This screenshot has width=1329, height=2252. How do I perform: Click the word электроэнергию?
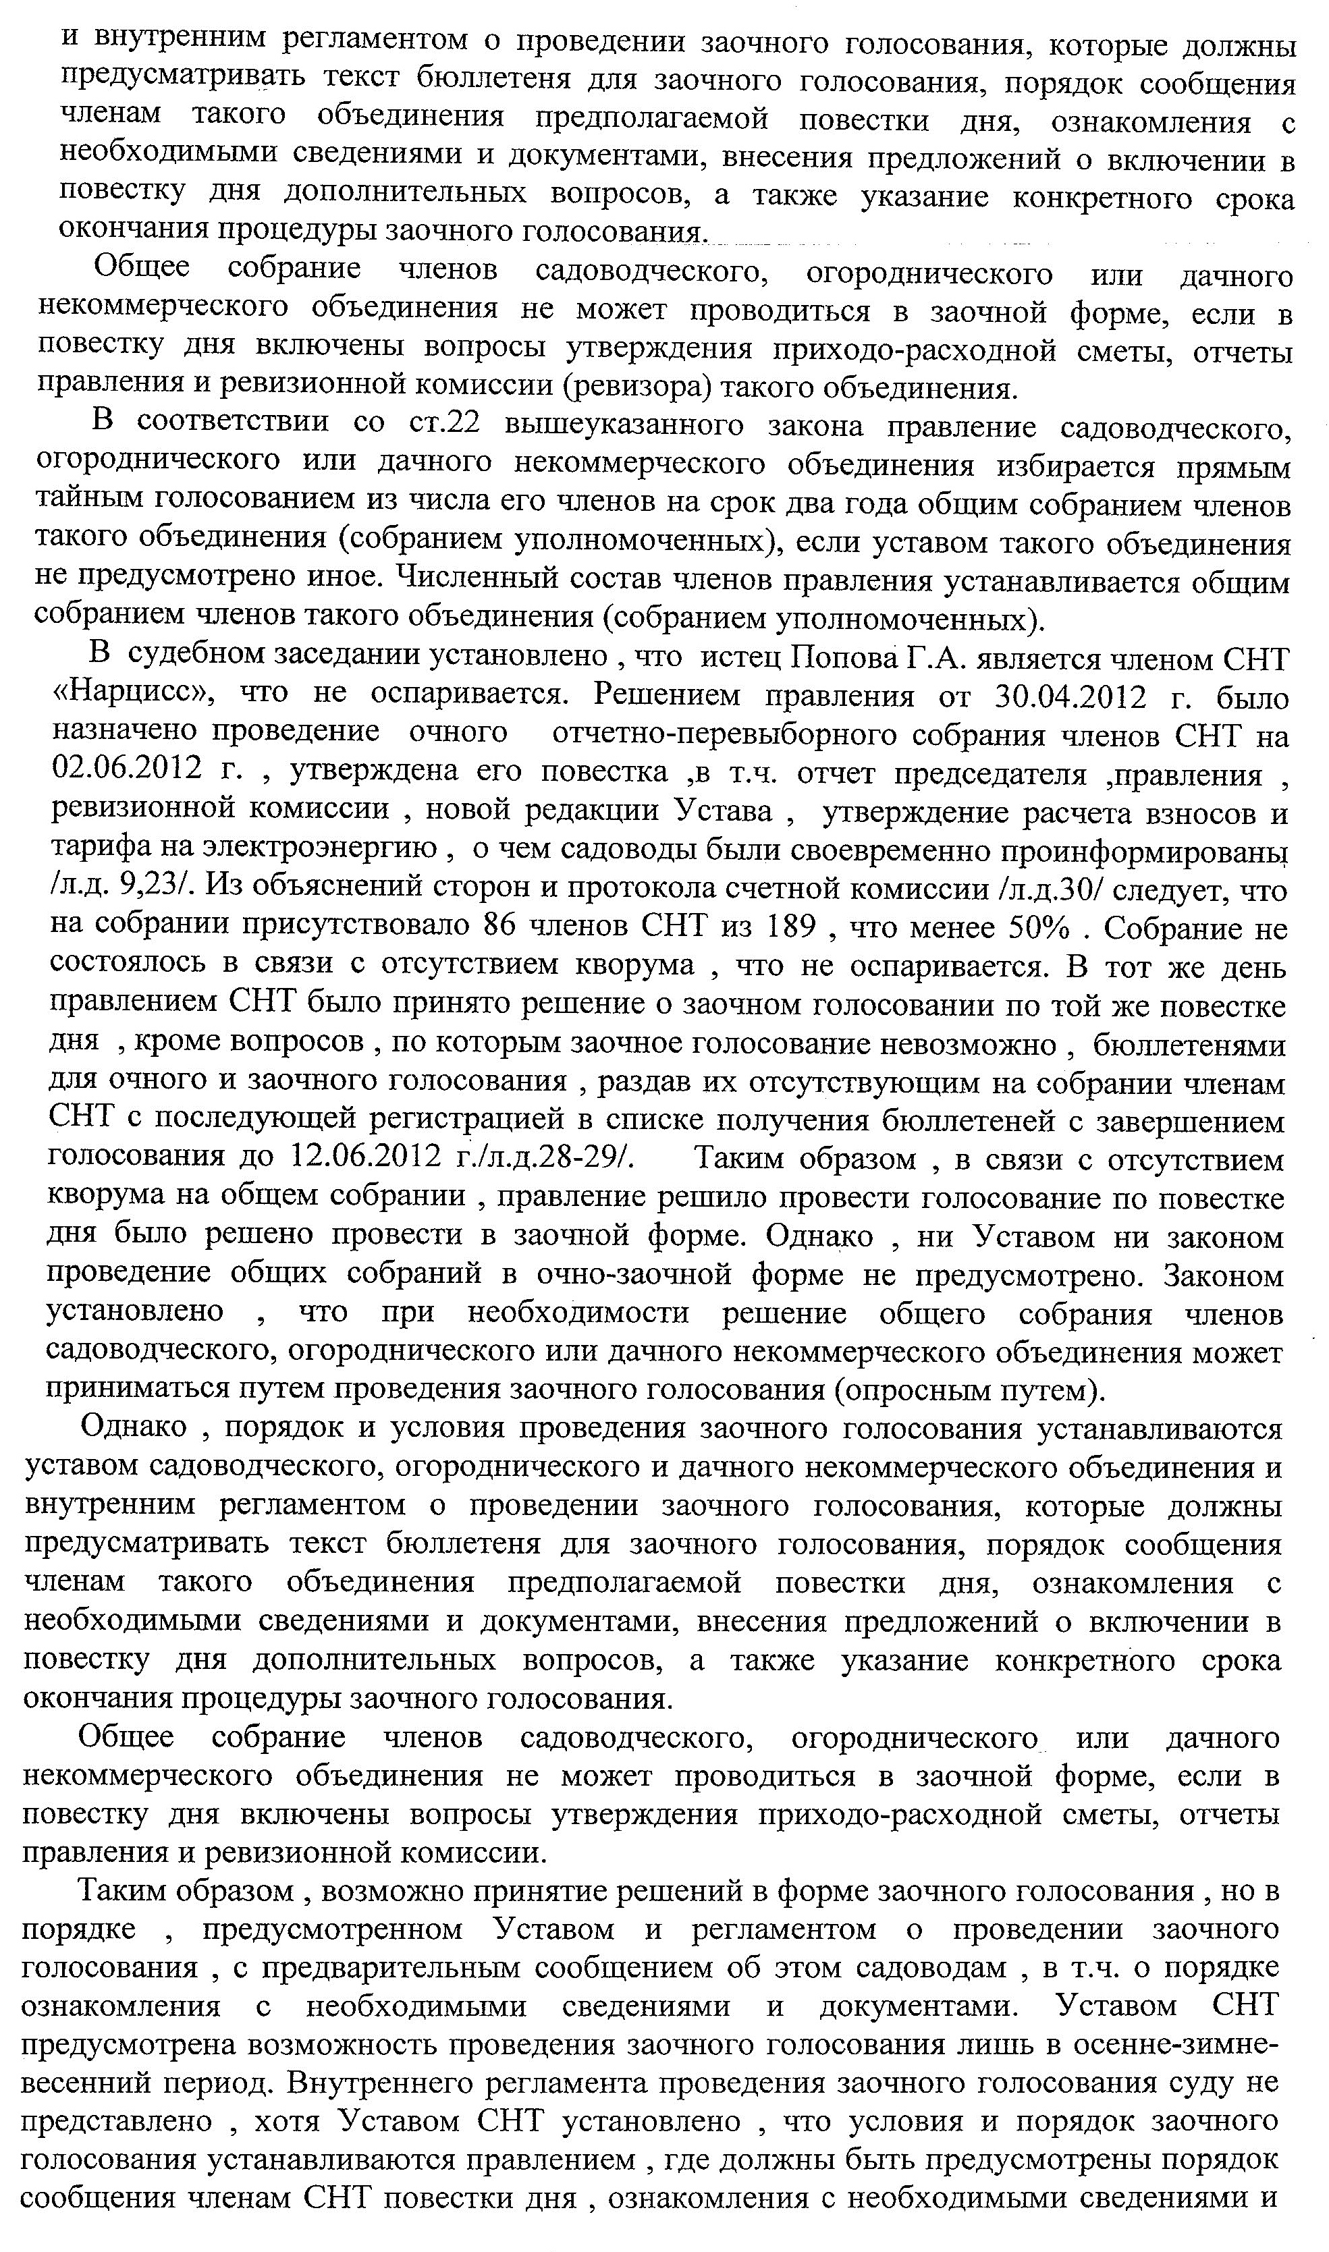point(320,848)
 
